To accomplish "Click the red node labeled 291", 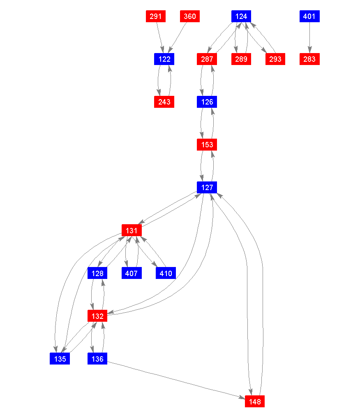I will (x=156, y=16).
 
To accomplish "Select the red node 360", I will (x=190, y=16).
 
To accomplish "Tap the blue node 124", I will (x=241, y=16).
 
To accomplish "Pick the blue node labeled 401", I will (x=309, y=16).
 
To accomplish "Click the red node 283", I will (x=309, y=59).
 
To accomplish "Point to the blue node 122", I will (x=164, y=59).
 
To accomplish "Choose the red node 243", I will (x=164, y=102).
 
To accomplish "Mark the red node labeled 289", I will (x=241, y=59).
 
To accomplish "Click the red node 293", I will (x=275, y=59).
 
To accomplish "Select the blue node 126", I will (x=207, y=102).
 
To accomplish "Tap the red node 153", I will (x=207, y=145).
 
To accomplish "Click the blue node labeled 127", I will (x=207, y=188).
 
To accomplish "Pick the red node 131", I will (x=132, y=230).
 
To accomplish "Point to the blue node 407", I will (x=132, y=273).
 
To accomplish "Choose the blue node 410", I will (x=166, y=273).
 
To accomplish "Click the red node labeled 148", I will (x=255, y=402).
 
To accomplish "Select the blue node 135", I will (x=60, y=359).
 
